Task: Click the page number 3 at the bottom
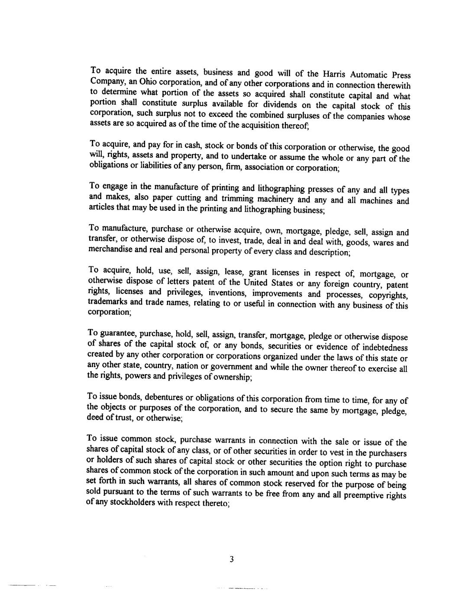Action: tap(232, 559)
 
